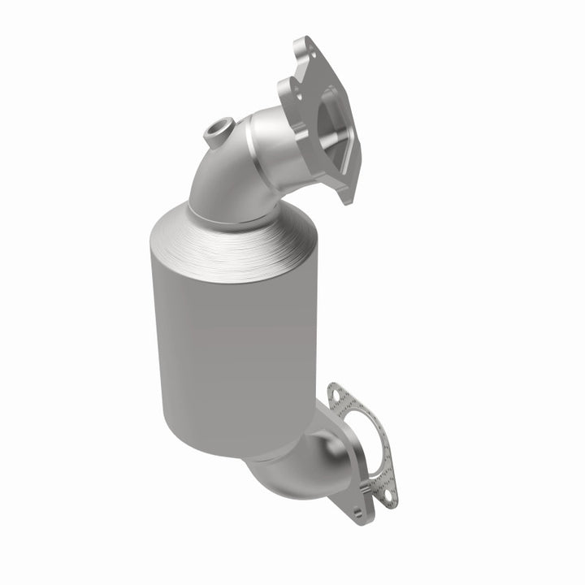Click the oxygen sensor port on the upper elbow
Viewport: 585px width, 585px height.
pos(220,128)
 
